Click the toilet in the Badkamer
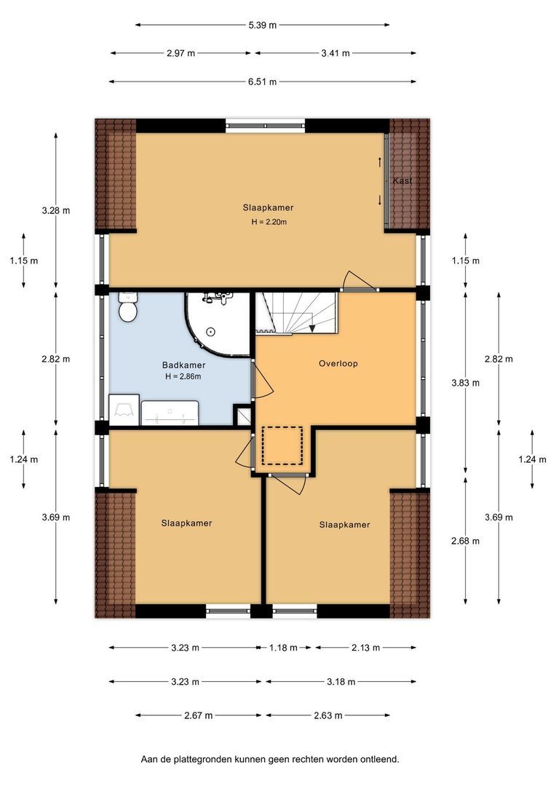tap(128, 307)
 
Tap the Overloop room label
tap(338, 363)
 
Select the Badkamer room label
tap(183, 365)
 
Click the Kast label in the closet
tap(402, 180)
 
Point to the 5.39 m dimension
tap(262, 25)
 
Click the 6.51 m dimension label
tap(262, 82)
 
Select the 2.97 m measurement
tap(181, 53)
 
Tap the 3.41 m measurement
tap(335, 53)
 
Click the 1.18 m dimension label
tap(283, 648)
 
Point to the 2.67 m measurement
tap(199, 715)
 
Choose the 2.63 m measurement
tap(328, 715)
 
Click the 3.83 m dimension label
tap(465, 383)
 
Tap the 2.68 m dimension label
tap(465, 541)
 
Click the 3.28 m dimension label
tap(55, 210)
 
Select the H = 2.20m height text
tap(269, 222)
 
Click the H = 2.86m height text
tap(183, 376)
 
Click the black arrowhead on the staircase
tap(312, 328)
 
